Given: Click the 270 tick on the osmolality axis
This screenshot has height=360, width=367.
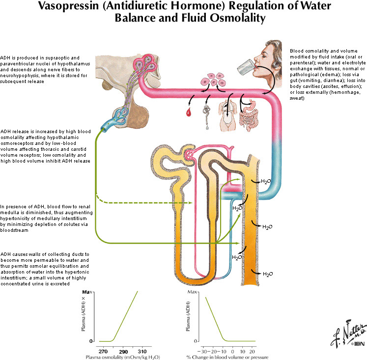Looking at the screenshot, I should tap(103, 352).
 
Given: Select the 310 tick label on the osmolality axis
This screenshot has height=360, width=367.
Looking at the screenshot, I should tap(141, 352).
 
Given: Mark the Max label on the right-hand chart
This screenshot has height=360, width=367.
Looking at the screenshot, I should tap(193, 293).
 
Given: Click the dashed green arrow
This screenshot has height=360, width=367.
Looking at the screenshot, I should tap(147, 201).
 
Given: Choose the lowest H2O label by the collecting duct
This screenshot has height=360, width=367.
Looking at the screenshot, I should tap(268, 274).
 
